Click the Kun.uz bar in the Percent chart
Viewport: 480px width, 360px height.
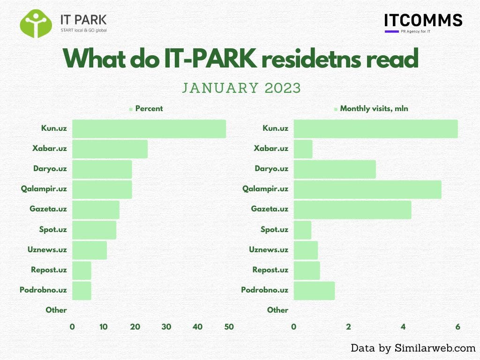click(x=149, y=129)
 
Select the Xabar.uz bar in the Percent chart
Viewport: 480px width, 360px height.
click(x=110, y=149)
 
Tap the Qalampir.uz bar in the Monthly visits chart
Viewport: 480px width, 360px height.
click(x=367, y=189)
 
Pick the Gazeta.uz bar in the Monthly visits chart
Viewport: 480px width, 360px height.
click(x=352, y=210)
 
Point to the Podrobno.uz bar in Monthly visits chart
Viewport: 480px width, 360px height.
click(x=314, y=291)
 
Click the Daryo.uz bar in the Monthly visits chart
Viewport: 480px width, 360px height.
click(x=335, y=169)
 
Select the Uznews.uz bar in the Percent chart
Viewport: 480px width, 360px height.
click(x=90, y=250)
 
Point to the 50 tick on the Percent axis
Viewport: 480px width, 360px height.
click(x=229, y=327)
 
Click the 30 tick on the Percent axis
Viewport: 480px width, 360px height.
click(x=166, y=327)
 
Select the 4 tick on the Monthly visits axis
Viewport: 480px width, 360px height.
click(x=403, y=327)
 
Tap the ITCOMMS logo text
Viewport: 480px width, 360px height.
click(x=423, y=20)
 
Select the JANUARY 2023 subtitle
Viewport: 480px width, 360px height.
click(x=241, y=88)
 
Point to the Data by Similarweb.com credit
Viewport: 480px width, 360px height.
click(x=413, y=348)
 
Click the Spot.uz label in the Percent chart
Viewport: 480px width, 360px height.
click(x=53, y=230)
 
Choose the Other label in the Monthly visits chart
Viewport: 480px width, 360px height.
click(x=277, y=310)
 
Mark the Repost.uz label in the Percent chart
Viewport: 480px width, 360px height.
click(x=49, y=270)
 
